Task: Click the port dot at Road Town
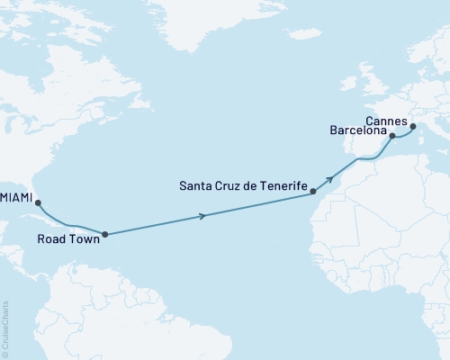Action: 105,234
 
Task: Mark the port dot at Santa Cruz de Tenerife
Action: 312,191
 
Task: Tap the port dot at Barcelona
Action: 392,137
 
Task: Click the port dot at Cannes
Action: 413,127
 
